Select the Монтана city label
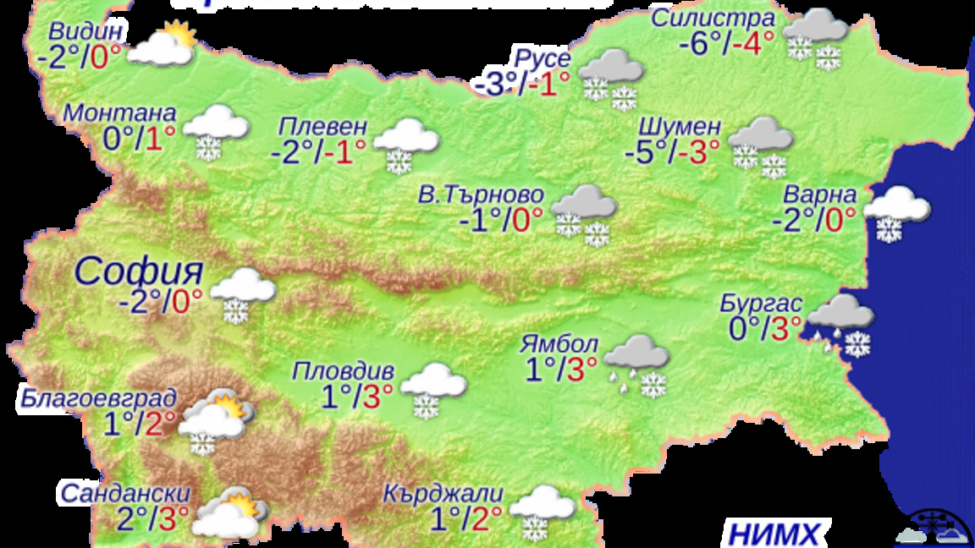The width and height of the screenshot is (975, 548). click(x=120, y=113)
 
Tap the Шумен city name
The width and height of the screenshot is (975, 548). click(x=679, y=127)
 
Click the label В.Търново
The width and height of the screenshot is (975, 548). click(x=481, y=195)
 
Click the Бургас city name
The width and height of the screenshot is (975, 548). click(x=761, y=302)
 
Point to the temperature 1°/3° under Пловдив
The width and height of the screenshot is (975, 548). click(x=356, y=395)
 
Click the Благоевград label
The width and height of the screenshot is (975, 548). click(x=100, y=397)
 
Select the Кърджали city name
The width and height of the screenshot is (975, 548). click(x=443, y=493)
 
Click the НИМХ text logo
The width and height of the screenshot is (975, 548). click(x=774, y=534)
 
